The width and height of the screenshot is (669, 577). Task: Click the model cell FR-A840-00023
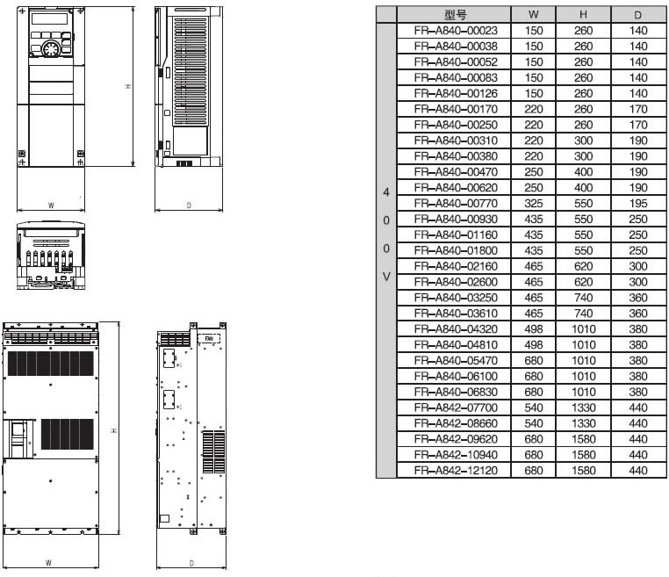coord(456,31)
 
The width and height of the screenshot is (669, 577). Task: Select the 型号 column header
coord(456,15)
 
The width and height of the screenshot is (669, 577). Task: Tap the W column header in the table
coord(533,15)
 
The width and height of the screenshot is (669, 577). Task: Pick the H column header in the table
coord(583,15)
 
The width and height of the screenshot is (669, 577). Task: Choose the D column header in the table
coord(638,15)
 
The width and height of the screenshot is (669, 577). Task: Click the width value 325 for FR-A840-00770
coord(533,204)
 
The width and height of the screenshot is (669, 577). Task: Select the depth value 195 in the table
coord(638,204)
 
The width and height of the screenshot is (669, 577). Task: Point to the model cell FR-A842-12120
coord(456,471)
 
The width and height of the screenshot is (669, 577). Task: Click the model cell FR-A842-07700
coord(456,408)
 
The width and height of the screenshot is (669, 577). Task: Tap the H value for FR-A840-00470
coord(583,172)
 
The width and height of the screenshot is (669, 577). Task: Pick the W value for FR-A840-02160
coord(533,266)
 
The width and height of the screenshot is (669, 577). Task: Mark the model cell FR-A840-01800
coord(456,250)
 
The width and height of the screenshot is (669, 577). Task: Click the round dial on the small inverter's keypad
coord(51,49)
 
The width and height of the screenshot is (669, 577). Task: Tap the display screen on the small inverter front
coord(50,18)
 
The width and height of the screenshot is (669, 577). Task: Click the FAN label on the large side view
coord(209,339)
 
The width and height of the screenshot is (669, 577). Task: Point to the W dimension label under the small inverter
coord(51,206)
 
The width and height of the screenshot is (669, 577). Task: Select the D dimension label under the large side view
coord(191,563)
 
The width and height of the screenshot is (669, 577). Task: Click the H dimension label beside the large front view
coord(114,430)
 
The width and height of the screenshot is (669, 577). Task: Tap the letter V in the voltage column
coord(386,277)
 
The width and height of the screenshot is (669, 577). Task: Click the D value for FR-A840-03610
coord(638,314)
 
